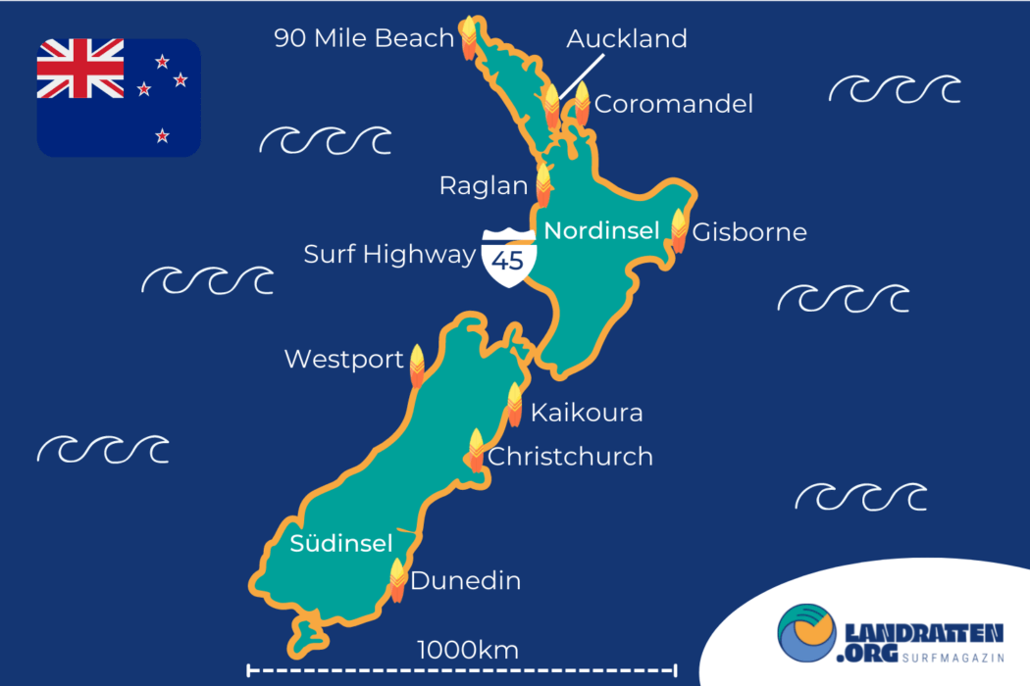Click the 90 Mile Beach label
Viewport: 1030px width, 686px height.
[364, 38]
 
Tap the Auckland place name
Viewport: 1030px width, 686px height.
[627, 39]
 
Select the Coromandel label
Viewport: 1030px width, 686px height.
[674, 104]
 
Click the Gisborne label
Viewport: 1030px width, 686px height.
[749, 232]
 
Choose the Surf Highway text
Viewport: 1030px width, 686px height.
[389, 255]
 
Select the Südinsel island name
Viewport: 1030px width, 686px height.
[341, 544]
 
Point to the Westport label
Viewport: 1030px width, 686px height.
[343, 360]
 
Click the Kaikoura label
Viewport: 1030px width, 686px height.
[587, 413]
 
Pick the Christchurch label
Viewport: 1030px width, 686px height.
[570, 457]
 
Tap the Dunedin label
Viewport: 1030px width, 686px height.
[465, 581]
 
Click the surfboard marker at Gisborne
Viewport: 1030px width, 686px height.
[679, 231]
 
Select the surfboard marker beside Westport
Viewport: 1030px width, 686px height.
[417, 366]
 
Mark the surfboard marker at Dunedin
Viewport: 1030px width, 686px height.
[397, 580]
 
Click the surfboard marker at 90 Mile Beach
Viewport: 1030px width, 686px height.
[469, 37]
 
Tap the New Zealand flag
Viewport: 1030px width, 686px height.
[119, 97]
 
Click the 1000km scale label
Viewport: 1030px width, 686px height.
[468, 650]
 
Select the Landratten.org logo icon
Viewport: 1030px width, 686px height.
[806, 633]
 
